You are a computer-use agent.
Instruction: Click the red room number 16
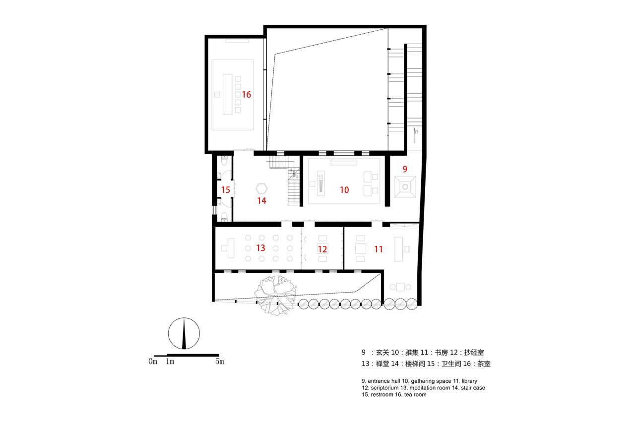(247, 94)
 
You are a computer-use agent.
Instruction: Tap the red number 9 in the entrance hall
(405, 169)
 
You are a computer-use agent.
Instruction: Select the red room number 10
(344, 190)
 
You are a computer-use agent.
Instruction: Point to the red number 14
(261, 201)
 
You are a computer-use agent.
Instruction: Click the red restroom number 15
(226, 189)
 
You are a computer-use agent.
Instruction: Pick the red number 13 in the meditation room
(260, 247)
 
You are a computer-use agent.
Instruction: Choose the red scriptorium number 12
(322, 249)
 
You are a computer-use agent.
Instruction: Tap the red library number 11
(379, 249)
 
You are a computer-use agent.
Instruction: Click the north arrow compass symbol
(184, 334)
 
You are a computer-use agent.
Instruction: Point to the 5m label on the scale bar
(219, 362)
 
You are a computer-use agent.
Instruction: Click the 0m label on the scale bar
(153, 362)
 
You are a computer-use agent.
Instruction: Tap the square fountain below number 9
(405, 187)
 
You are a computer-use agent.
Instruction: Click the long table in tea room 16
(229, 94)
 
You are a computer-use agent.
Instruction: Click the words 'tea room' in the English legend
(415, 395)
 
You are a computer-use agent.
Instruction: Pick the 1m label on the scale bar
(170, 362)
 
